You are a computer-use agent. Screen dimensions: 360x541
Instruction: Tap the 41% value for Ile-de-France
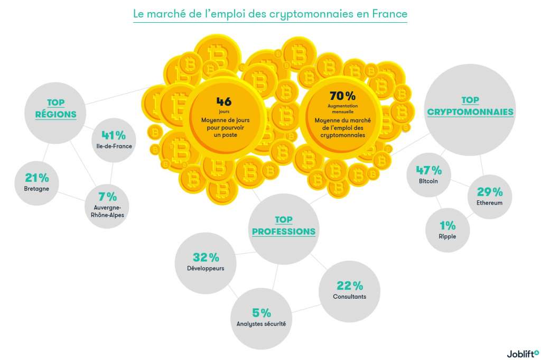[x=113, y=136]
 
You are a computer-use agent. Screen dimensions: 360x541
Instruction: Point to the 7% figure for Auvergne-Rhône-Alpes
[x=107, y=197]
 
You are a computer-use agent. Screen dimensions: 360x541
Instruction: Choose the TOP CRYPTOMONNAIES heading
[x=470, y=106]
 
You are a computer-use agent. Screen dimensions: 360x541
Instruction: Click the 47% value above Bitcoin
[x=428, y=170]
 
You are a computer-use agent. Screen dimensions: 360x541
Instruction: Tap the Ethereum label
[x=489, y=202]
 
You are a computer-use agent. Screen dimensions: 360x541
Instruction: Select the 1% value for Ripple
[x=447, y=225]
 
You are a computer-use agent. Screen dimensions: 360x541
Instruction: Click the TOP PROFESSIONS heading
[x=284, y=226]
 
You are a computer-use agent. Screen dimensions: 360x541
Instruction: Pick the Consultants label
[x=349, y=297]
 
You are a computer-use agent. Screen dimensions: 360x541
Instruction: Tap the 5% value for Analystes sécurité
[x=261, y=312]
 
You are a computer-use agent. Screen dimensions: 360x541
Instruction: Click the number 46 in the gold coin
[x=224, y=100]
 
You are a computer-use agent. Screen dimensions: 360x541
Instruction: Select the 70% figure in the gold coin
[x=342, y=96]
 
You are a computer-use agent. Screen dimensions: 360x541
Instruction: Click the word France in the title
[x=390, y=14]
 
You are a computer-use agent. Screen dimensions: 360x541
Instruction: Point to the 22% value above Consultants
[x=350, y=286]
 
